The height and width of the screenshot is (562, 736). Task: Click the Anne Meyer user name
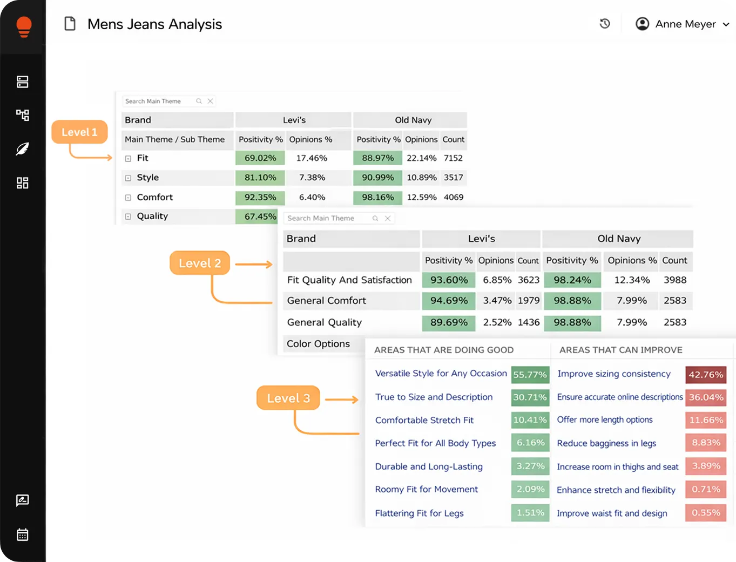[x=685, y=24]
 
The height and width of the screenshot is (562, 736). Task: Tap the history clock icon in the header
[x=605, y=24]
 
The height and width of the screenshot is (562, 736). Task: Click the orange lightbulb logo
[x=24, y=26]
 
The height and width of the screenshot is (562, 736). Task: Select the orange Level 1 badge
[x=79, y=132]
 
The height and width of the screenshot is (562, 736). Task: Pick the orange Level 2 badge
[x=200, y=263]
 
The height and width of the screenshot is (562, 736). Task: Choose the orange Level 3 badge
[x=288, y=398]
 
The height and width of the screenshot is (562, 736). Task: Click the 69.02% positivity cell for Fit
[x=260, y=158]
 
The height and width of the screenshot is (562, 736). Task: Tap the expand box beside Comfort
[x=128, y=198]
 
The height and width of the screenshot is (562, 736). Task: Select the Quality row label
[x=152, y=216]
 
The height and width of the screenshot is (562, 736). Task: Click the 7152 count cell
[x=453, y=158]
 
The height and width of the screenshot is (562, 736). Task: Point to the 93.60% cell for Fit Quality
[x=449, y=280]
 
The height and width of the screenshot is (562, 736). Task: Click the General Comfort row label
[x=326, y=301]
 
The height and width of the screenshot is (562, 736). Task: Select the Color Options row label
[x=318, y=344]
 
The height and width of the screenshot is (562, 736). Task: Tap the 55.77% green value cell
[x=530, y=375]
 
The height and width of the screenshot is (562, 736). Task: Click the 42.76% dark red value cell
[x=706, y=375]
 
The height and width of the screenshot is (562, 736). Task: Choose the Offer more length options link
[x=605, y=419]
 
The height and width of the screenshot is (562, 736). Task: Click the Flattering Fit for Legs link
[x=419, y=513]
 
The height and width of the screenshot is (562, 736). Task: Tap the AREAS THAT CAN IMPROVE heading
[x=621, y=350]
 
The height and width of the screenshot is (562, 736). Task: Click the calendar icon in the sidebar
[x=23, y=534]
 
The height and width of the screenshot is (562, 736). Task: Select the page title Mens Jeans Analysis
[x=154, y=24]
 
